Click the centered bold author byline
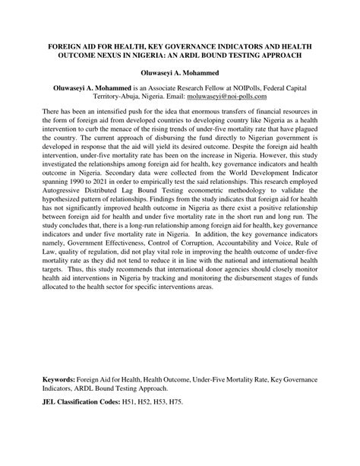179,74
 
